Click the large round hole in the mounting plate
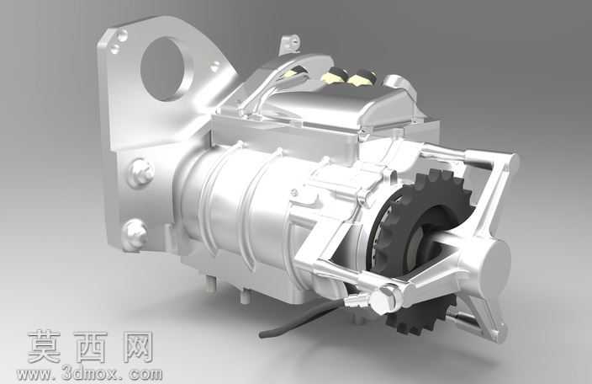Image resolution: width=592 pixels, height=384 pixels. pos(161,69)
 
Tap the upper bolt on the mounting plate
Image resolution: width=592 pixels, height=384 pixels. pos(140,173)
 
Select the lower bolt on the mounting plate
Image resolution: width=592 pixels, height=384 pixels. pos(135,232)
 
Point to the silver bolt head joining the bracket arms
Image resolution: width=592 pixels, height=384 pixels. pos(384,298)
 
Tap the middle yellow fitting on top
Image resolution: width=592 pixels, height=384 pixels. pos(333,74)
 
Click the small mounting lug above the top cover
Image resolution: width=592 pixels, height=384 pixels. pos(290,45)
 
